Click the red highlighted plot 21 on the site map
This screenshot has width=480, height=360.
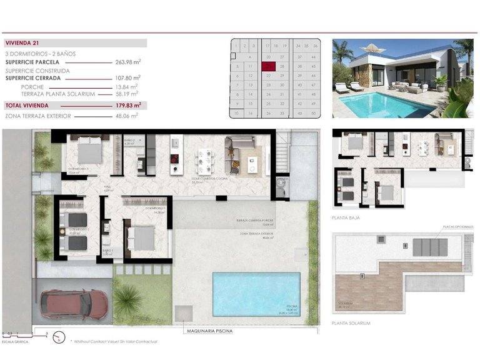(x=269, y=65)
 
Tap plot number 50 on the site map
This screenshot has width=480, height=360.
(x=316, y=113)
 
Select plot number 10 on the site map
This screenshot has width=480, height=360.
(x=237, y=113)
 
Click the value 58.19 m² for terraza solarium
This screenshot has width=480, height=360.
(x=127, y=94)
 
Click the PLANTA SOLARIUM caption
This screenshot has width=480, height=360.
(x=352, y=323)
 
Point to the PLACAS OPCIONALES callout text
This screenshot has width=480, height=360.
(x=457, y=226)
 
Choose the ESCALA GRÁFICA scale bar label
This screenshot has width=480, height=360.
(x=16, y=342)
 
